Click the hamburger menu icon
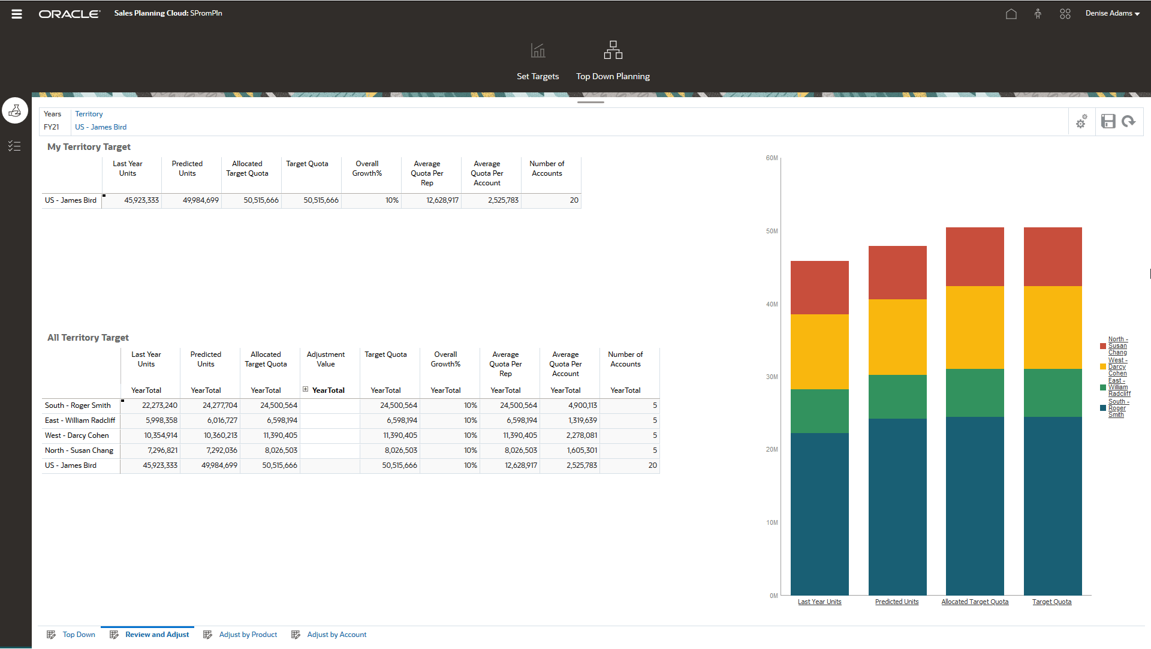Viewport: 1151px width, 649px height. click(x=17, y=14)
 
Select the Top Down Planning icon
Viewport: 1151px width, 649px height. click(x=613, y=50)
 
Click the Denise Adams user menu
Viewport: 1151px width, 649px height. click(x=1112, y=13)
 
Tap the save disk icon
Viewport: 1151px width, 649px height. click(x=1108, y=122)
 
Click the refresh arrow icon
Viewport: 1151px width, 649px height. click(x=1129, y=122)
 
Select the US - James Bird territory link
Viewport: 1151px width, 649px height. click(x=101, y=127)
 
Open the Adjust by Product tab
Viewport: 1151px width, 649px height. click(x=248, y=635)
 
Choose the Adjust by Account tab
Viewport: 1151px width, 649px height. click(x=336, y=635)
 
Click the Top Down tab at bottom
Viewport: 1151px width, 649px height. click(x=79, y=635)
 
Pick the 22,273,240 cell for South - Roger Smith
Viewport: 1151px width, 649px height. click(x=159, y=405)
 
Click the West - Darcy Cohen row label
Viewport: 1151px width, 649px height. click(x=77, y=435)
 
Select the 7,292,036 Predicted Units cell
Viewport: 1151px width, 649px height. click(x=221, y=450)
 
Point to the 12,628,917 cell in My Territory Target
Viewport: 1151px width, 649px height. click(x=442, y=200)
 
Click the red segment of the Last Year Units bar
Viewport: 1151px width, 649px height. click(x=819, y=287)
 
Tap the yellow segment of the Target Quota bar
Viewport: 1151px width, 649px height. click(x=1053, y=327)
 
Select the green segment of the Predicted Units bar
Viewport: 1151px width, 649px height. click(x=897, y=396)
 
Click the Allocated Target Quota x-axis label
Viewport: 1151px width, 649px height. click(x=975, y=602)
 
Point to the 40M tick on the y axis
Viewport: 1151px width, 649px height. click(x=772, y=304)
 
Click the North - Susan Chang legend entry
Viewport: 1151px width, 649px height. click(x=1117, y=345)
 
